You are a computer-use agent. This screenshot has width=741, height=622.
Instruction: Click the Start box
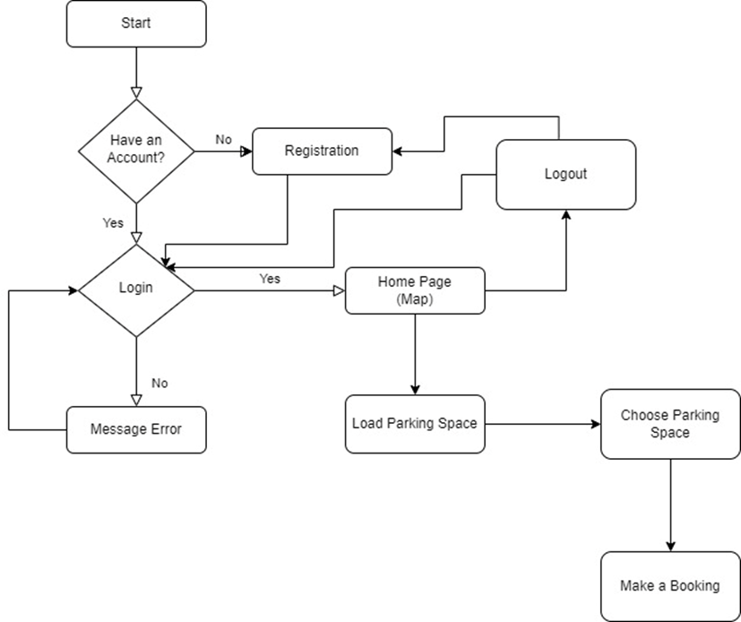(x=136, y=23)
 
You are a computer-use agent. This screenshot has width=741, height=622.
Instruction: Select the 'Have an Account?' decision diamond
(x=136, y=151)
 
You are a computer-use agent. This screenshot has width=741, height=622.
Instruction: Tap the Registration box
(x=322, y=151)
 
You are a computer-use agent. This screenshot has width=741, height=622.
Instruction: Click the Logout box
(x=565, y=174)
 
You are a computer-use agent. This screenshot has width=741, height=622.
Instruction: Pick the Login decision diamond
(x=136, y=289)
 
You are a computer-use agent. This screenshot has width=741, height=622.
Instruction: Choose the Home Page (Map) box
(x=415, y=290)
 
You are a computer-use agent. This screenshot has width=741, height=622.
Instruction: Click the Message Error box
(x=136, y=429)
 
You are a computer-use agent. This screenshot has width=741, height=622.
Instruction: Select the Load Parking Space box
(x=415, y=423)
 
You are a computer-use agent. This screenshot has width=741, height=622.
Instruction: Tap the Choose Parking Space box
(x=670, y=424)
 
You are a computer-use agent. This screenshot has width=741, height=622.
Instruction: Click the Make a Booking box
(x=670, y=586)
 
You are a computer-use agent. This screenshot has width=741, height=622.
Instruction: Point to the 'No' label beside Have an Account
(x=224, y=140)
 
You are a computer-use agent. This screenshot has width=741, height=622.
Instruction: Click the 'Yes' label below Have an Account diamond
(x=113, y=223)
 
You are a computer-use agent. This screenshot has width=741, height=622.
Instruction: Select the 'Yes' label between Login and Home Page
(x=270, y=279)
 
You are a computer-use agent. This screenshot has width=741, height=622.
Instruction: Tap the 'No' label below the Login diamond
(x=159, y=384)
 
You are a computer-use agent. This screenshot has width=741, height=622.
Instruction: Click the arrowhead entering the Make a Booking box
(x=670, y=546)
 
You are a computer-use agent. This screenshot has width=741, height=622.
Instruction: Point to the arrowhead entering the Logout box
(x=565, y=215)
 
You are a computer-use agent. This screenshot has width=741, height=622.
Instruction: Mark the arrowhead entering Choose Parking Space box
(x=595, y=423)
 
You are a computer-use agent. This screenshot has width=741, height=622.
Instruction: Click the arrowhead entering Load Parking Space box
(x=415, y=389)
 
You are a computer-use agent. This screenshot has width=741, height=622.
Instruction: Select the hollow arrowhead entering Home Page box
(x=339, y=290)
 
